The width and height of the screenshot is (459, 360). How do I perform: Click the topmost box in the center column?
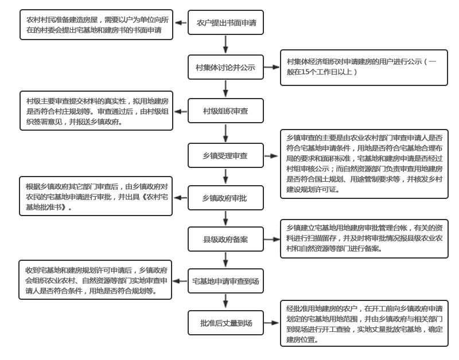(225, 22)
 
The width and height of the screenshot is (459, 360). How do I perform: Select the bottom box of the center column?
(225, 323)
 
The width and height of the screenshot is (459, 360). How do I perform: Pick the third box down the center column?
(225, 111)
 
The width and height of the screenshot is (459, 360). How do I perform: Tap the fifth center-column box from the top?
(225, 198)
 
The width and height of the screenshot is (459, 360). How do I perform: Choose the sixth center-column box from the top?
(225, 239)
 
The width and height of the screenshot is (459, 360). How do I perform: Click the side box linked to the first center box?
(96, 25)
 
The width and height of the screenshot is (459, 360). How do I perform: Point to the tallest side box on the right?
(364, 164)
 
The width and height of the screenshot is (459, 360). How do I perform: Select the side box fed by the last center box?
(364, 323)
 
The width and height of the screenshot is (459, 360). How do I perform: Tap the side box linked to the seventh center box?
(95, 280)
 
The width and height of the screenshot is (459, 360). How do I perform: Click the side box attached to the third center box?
(96, 111)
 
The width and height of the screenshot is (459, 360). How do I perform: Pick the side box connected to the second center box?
(364, 67)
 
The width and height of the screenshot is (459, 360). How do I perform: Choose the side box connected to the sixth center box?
(364, 238)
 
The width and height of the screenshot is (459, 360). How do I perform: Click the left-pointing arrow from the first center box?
(180, 23)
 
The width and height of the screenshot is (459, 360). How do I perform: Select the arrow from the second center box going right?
(272, 67)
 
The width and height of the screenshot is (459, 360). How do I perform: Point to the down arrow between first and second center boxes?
(225, 44)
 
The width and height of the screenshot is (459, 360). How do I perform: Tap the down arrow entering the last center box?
(225, 302)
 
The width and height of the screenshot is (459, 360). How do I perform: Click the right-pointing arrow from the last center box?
(272, 323)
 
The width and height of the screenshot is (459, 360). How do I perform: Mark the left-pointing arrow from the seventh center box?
(180, 281)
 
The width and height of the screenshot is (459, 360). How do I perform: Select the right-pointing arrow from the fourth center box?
(272, 155)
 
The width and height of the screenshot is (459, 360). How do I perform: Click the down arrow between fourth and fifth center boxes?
(225, 176)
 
